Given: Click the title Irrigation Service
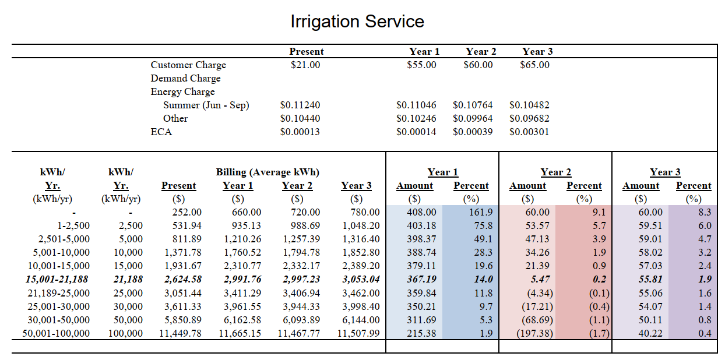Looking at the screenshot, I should [357, 22].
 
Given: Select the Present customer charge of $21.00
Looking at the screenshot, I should [305, 65].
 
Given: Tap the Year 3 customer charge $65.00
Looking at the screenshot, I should [534, 65].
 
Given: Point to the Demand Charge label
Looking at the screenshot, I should [185, 78].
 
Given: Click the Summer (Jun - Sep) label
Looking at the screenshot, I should [206, 105].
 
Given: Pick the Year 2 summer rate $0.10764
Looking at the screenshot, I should [472, 105].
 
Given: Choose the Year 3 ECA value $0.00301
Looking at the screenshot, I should [529, 132].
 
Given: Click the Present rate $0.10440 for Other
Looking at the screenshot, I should [300, 118].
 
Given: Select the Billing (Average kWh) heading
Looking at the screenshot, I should [268, 172].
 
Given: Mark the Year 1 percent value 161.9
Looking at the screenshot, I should [481, 213].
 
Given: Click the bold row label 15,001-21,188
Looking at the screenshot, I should [57, 280].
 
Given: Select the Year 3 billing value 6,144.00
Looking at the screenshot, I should [361, 320].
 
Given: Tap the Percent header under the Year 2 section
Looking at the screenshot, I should [583, 186].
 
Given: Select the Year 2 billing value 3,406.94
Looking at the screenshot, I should [301, 293].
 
